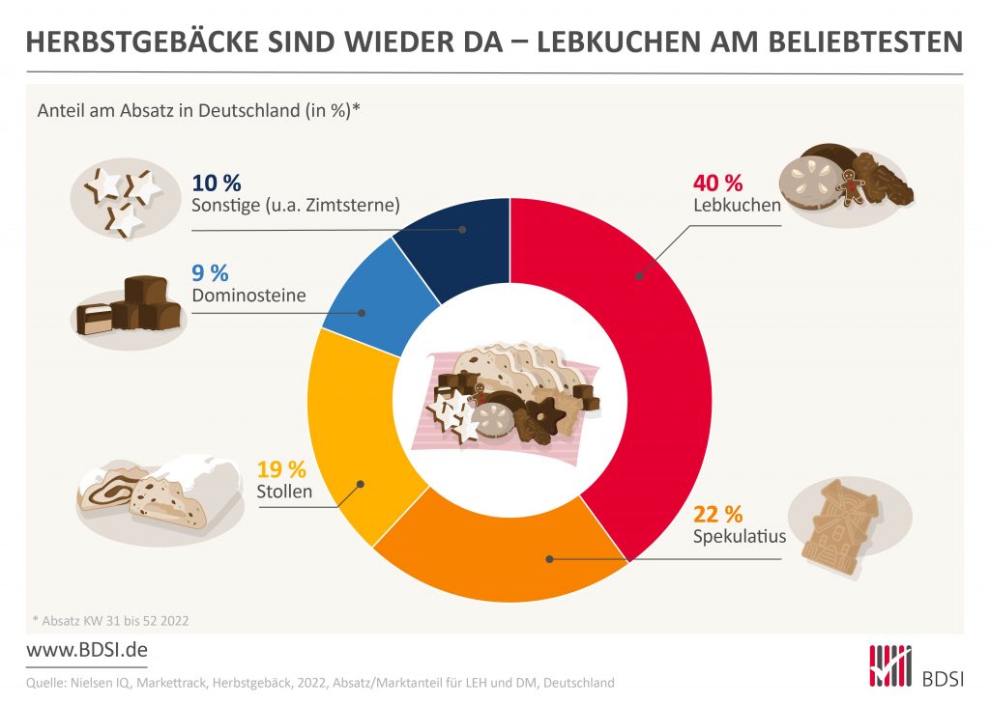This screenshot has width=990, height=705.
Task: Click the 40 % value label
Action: pos(717,183)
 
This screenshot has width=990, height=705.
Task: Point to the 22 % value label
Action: pos(717,514)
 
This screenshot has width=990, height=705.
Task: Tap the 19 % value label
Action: pos(281,470)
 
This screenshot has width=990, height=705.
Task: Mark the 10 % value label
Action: pos(217,183)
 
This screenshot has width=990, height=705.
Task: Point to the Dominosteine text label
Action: pos(249,295)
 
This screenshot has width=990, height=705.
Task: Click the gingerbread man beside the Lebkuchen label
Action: pos(851,186)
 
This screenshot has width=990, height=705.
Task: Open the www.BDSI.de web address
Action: pos(85,650)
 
